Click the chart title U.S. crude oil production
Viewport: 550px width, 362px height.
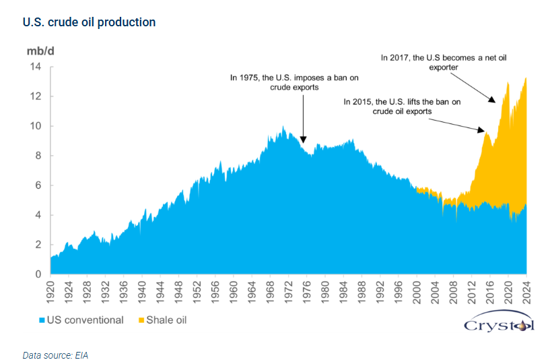90,22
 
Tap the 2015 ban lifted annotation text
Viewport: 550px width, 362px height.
402,107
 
